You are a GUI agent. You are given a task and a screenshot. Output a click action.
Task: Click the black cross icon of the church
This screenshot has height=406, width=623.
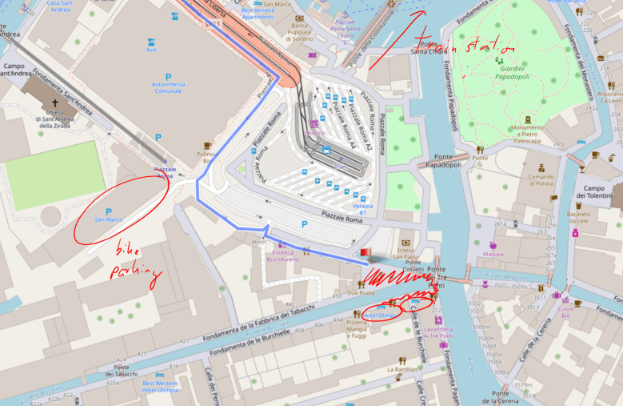tap(55, 103)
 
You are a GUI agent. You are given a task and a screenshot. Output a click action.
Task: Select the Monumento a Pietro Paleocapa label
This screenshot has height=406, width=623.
tap(528, 132)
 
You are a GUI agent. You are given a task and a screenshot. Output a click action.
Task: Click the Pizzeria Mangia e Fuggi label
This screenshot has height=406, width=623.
tap(357, 328)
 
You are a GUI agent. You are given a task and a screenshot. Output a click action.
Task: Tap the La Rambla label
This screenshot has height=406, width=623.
tap(401, 369)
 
